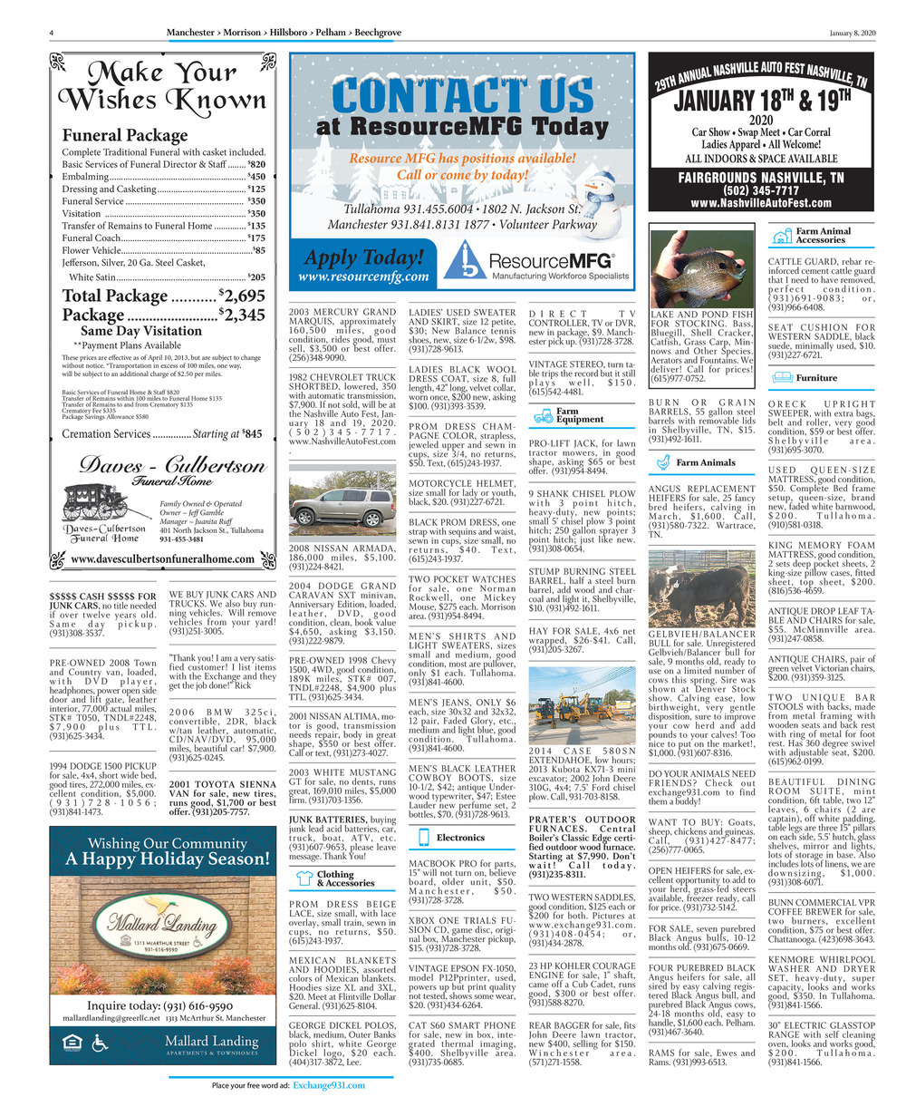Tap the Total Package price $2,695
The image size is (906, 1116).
pyautogui.click(x=242, y=296)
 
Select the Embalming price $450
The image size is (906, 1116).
pyautogui.click(x=256, y=176)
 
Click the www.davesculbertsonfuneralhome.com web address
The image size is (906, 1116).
pyautogui.click(x=163, y=559)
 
